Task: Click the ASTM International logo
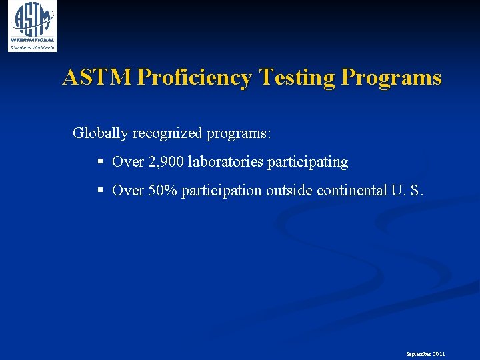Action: point(32,26)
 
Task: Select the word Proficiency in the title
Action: point(194,78)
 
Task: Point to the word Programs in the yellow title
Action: point(391,78)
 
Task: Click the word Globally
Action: point(100,133)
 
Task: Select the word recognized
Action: point(167,133)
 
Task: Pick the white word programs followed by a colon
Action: point(239,133)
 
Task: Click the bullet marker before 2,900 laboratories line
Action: point(100,162)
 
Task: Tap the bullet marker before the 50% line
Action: point(100,191)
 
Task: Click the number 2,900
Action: point(166,162)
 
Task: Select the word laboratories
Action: point(226,162)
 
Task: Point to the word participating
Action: point(307,162)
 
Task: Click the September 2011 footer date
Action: point(425,354)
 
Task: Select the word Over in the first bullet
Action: point(128,162)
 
